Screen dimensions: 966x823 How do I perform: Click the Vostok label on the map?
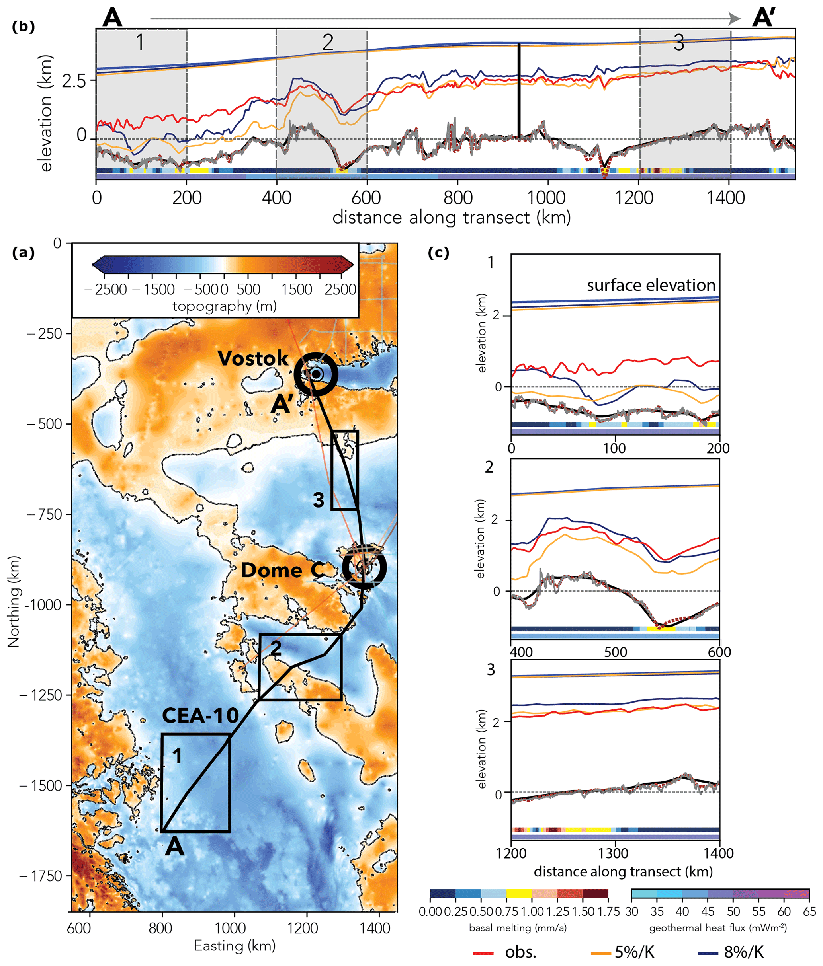point(253,358)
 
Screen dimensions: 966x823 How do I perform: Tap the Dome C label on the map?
point(283,570)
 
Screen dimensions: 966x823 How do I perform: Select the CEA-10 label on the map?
point(201,716)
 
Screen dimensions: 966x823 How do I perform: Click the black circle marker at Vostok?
point(316,374)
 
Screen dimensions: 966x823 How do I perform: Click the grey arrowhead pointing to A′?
point(735,19)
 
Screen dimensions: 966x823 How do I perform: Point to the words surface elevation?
point(651,285)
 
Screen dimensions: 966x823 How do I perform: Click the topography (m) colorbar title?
point(225,306)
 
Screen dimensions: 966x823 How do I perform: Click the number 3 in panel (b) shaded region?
point(679,43)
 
